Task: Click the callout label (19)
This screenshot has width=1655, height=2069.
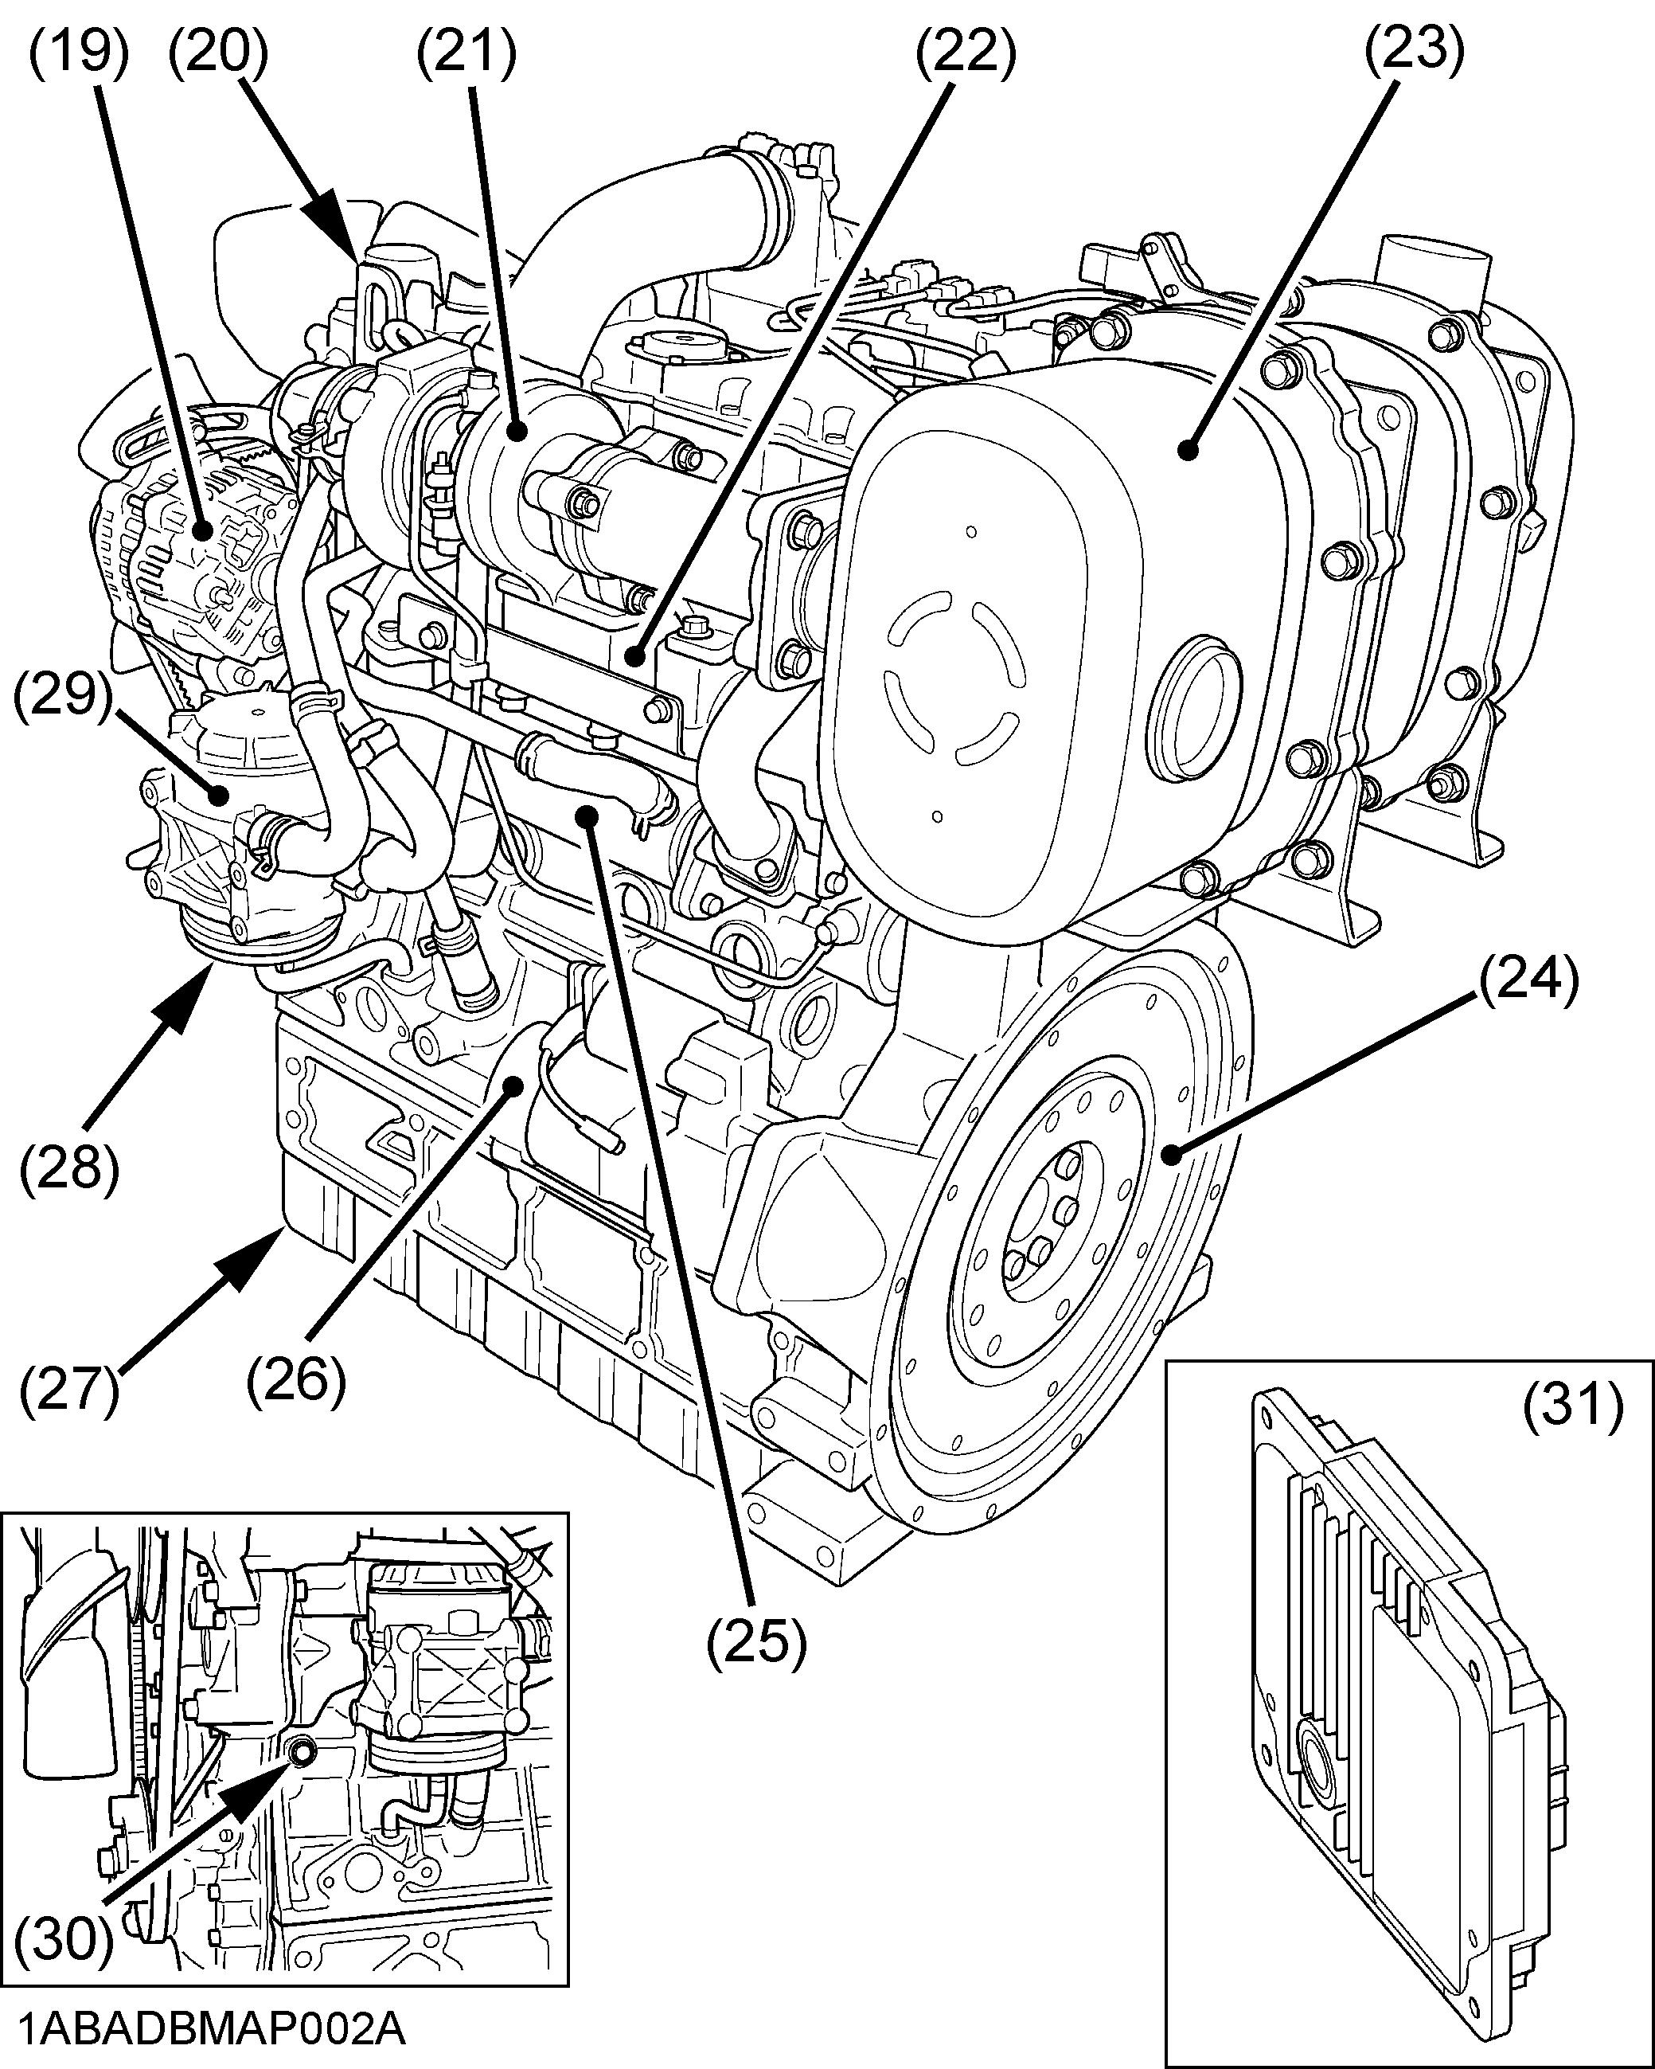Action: (x=76, y=52)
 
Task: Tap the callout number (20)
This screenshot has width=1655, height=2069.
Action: (x=218, y=52)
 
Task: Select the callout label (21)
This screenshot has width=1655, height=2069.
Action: (x=466, y=52)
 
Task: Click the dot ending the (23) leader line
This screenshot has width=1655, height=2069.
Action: (x=1189, y=448)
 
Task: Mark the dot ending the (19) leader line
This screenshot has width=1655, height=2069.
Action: (x=201, y=530)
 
